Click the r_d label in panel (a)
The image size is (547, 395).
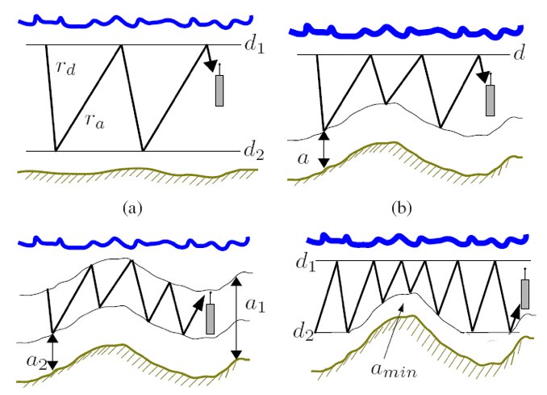click(66, 68)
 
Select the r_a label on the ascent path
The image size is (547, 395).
click(95, 121)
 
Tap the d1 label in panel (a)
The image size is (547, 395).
click(254, 45)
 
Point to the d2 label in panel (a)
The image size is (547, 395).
click(254, 151)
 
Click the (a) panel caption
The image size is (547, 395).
click(133, 208)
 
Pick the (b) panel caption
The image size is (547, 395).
click(402, 208)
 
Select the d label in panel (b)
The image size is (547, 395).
click(520, 53)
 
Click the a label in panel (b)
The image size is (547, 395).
click(303, 159)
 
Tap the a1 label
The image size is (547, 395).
click(256, 305)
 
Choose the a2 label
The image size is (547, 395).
click(36, 361)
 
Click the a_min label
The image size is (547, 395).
click(394, 370)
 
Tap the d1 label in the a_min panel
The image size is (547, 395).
click(306, 263)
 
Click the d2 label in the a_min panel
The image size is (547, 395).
click(303, 332)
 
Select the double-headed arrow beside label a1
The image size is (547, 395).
click(237, 318)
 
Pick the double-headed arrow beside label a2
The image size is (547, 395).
click(52, 351)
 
